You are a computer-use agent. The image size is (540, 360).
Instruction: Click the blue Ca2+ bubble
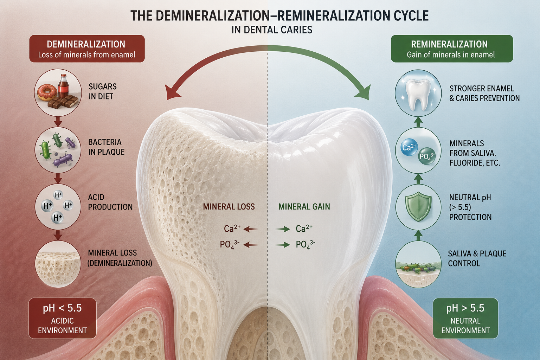click(409, 147)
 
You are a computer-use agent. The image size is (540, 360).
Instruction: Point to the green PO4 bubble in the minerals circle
click(427, 156)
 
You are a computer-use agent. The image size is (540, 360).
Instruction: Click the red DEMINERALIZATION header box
click(87, 49)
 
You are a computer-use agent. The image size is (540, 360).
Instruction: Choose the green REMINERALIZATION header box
click(452, 49)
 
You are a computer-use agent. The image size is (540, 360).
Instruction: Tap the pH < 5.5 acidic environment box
click(63, 318)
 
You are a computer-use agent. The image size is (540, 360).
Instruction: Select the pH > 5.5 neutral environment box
click(465, 318)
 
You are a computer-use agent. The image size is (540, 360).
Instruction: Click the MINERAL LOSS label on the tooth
click(229, 207)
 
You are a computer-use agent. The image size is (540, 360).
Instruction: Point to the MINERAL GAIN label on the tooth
click(304, 207)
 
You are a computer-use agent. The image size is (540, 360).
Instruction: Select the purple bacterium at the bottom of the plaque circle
click(63, 160)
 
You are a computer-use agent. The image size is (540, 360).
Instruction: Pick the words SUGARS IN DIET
click(102, 91)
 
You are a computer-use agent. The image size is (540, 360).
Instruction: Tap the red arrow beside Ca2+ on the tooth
click(250, 229)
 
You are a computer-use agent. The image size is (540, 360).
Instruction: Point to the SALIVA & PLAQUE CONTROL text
click(477, 258)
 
